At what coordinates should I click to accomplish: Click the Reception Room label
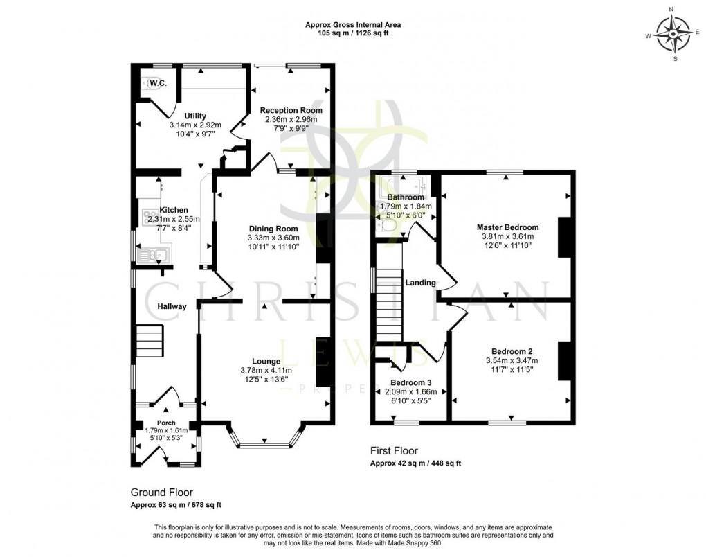pos(291,110)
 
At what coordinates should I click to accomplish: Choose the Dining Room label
pos(273,229)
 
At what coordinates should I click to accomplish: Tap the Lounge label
pos(266,361)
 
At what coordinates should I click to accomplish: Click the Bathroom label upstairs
pos(406,197)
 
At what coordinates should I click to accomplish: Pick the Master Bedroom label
pos(507,227)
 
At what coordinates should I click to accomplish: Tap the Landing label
pos(421,283)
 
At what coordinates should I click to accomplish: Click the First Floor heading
pos(394,452)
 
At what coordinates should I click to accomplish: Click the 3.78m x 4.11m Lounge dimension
pos(266,370)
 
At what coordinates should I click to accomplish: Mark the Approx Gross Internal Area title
pos(353,25)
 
